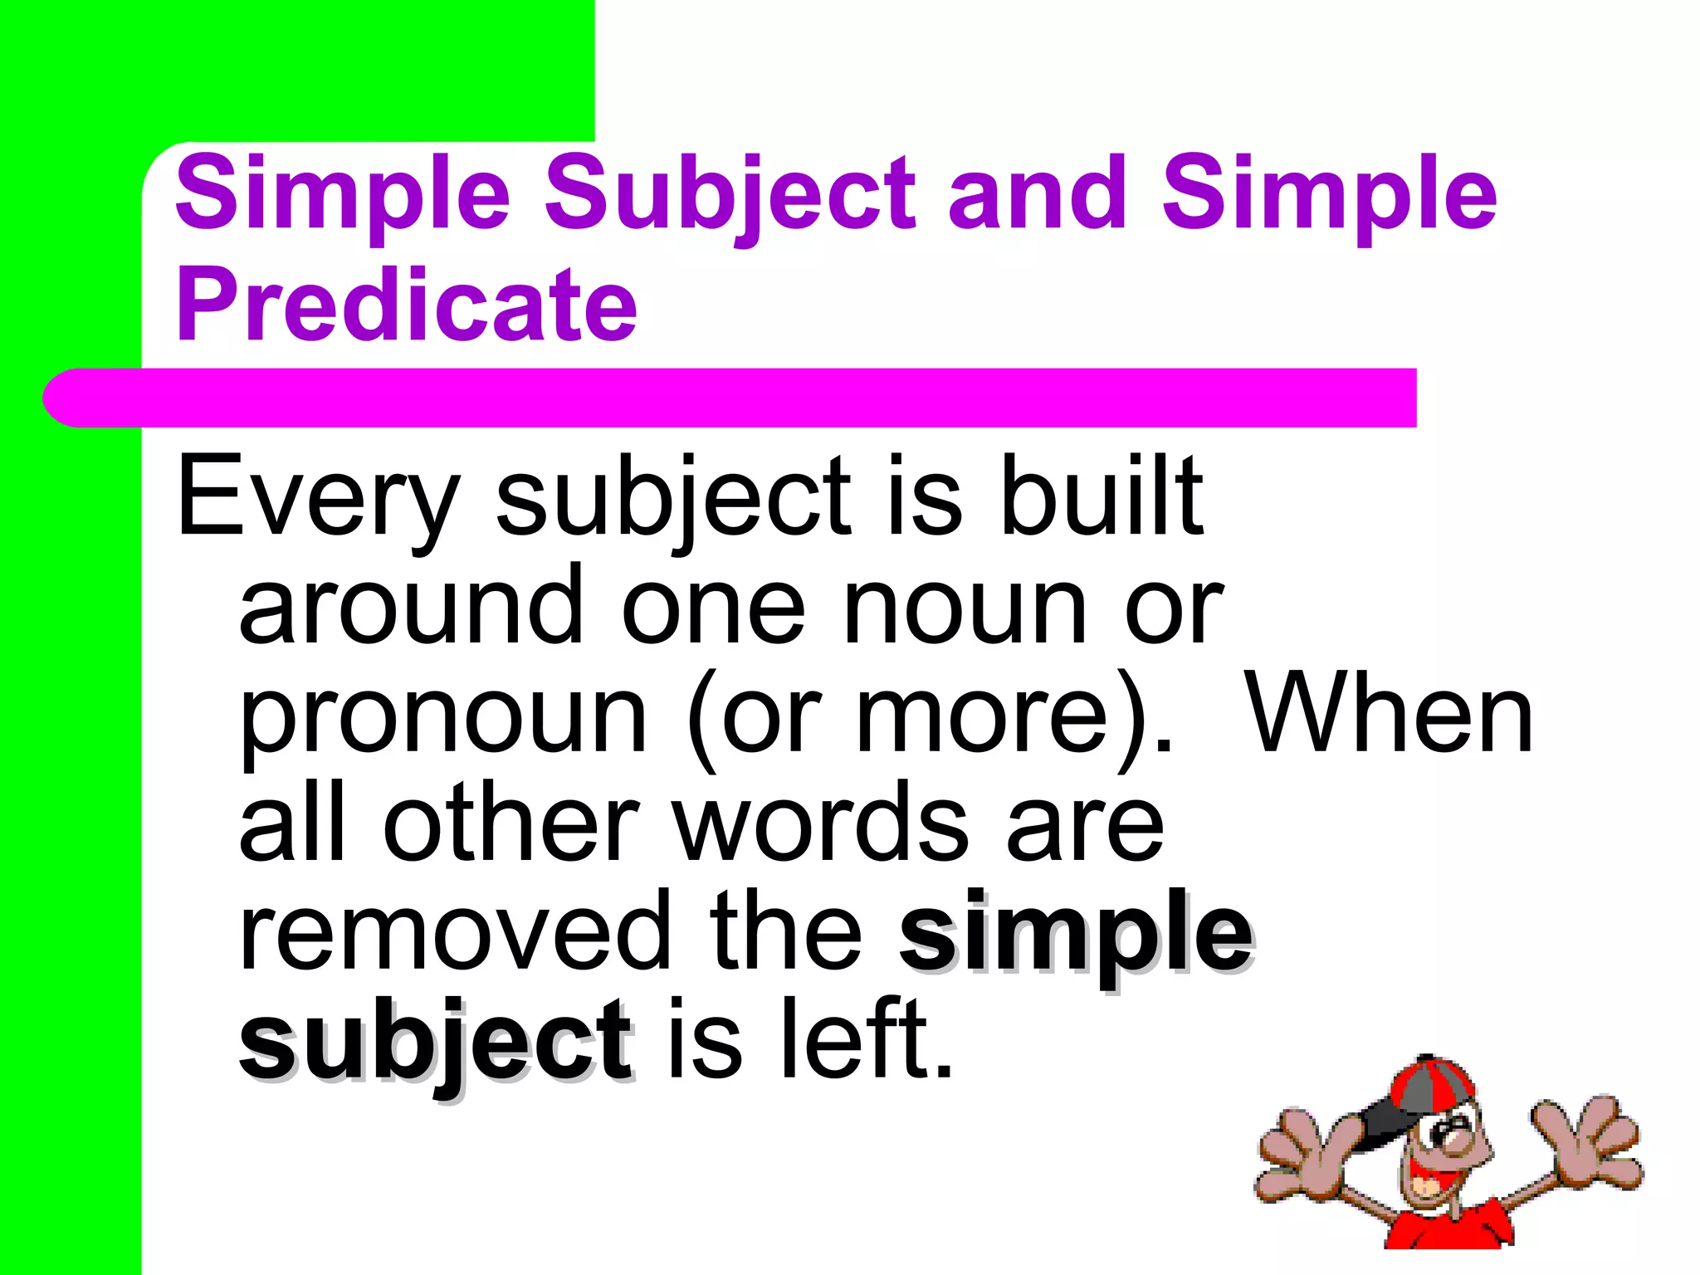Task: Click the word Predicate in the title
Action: pos(407,305)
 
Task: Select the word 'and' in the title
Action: pos(1038,194)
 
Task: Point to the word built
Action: pos(1102,496)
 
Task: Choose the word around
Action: pos(412,606)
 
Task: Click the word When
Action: pos(1390,716)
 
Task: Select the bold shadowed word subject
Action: pos(437,1043)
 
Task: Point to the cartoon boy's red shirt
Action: pos(1453,1229)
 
